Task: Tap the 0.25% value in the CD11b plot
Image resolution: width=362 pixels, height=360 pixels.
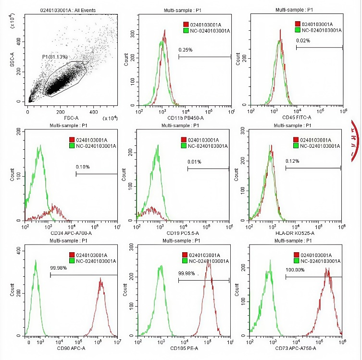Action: tap(186, 50)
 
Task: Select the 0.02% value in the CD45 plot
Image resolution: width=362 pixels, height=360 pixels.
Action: tap(303, 40)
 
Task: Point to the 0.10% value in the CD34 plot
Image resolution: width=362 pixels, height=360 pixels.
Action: tap(83, 167)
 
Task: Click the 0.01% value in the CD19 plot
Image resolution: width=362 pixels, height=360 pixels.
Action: tap(195, 162)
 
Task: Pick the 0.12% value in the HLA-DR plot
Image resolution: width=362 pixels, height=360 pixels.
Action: tap(292, 161)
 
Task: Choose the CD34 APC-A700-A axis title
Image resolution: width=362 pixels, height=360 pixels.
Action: tap(71, 233)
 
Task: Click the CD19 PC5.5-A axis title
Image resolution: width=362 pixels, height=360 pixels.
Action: tap(183, 233)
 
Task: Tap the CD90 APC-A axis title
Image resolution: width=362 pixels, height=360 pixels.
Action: tap(71, 348)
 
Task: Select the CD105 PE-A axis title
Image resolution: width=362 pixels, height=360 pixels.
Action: tap(183, 348)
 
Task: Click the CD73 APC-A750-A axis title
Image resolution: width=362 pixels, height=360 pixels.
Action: tap(296, 348)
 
